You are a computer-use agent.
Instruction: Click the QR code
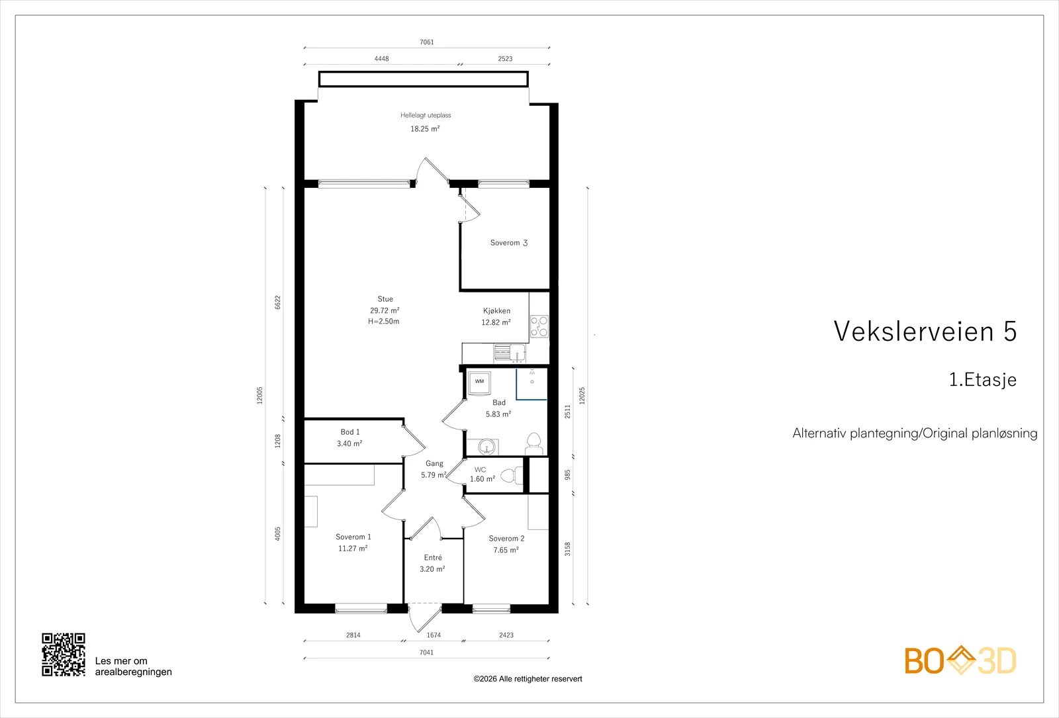click(64, 654)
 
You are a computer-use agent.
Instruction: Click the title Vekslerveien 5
click(925, 331)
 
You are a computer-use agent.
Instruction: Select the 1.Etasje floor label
click(982, 380)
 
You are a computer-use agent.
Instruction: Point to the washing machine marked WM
click(479, 381)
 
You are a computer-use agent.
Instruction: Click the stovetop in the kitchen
click(539, 326)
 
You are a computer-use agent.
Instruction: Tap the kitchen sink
click(510, 353)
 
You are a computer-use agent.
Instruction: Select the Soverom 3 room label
click(509, 242)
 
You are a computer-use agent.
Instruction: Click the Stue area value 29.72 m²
click(385, 310)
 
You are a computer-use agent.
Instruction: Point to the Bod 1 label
click(350, 431)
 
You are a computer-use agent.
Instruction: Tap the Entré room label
click(433, 557)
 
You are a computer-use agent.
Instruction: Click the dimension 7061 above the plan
click(426, 42)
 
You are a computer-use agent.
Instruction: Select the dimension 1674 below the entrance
click(434, 635)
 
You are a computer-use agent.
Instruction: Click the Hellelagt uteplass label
click(426, 115)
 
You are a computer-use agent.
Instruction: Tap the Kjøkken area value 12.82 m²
click(496, 322)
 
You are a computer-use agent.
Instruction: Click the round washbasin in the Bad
click(486, 446)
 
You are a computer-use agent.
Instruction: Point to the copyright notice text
click(528, 679)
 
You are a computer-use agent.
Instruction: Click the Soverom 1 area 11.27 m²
click(353, 549)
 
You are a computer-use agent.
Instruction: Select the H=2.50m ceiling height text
click(383, 322)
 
